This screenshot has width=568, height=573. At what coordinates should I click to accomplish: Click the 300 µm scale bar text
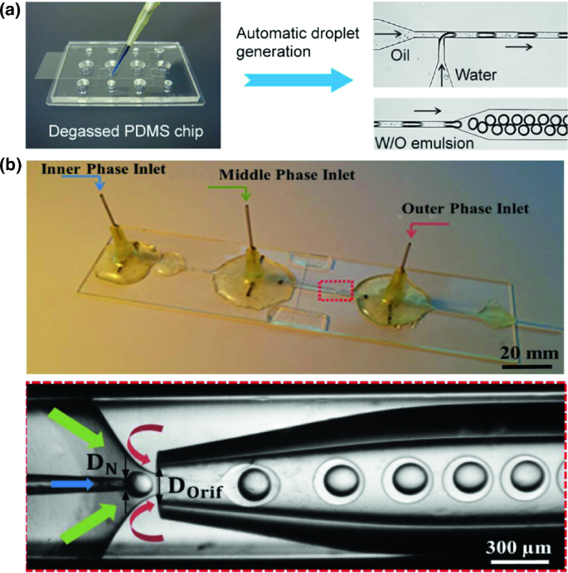[x=515, y=547]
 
